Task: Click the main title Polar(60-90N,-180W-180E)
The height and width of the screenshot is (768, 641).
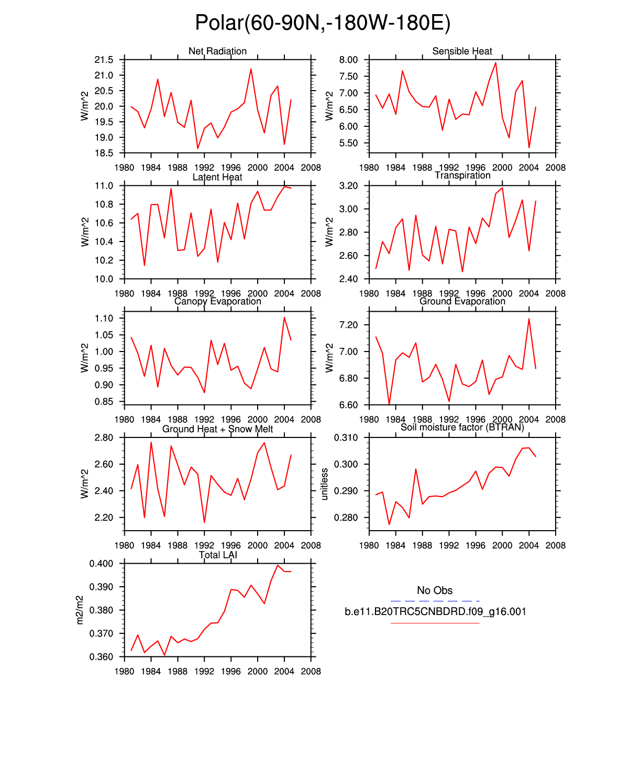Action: tap(323, 23)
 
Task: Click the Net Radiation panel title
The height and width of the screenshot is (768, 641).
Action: tap(217, 51)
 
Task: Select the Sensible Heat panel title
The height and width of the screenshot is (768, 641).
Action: tap(462, 51)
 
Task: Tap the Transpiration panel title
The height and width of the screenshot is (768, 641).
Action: tap(462, 175)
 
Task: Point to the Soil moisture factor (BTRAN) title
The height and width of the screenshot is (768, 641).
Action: tap(462, 427)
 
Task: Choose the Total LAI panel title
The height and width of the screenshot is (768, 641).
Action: tap(218, 555)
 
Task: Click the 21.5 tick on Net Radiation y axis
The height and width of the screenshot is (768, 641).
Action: tap(104, 60)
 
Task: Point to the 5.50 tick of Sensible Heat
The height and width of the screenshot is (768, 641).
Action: tap(348, 143)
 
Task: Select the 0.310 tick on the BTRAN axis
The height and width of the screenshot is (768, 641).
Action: tap(346, 437)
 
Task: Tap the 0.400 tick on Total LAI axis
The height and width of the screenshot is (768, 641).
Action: tap(101, 564)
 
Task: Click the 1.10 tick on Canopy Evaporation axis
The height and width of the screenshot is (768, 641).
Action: tap(104, 318)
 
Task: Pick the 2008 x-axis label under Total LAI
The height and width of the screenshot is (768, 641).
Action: tap(311, 671)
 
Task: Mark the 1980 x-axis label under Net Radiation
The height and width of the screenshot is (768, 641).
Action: tap(124, 168)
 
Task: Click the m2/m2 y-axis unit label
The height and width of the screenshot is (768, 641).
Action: tap(80, 610)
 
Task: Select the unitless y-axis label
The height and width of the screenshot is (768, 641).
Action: tap(325, 484)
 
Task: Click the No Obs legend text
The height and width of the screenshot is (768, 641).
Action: tap(435, 590)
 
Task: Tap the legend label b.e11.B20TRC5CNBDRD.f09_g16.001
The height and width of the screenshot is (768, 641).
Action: tap(435, 611)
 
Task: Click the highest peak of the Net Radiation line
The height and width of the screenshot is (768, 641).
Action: tap(251, 69)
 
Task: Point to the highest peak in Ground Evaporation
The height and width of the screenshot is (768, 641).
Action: tap(529, 319)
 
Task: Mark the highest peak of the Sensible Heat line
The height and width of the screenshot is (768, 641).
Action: tap(495, 62)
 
